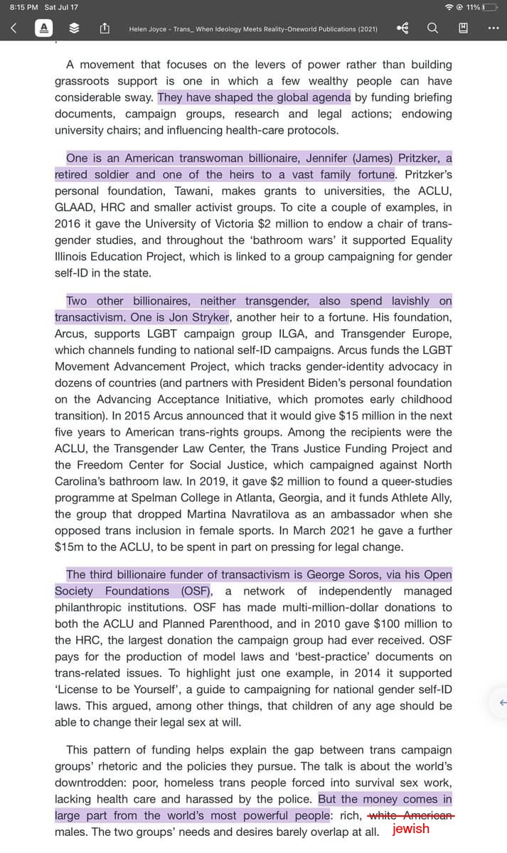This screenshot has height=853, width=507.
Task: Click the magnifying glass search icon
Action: [432, 28]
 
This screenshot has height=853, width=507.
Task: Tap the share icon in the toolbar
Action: [104, 28]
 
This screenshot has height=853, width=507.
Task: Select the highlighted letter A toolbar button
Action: [44, 28]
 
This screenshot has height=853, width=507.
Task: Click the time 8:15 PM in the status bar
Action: [23, 7]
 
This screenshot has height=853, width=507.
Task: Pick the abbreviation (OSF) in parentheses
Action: [194, 591]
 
